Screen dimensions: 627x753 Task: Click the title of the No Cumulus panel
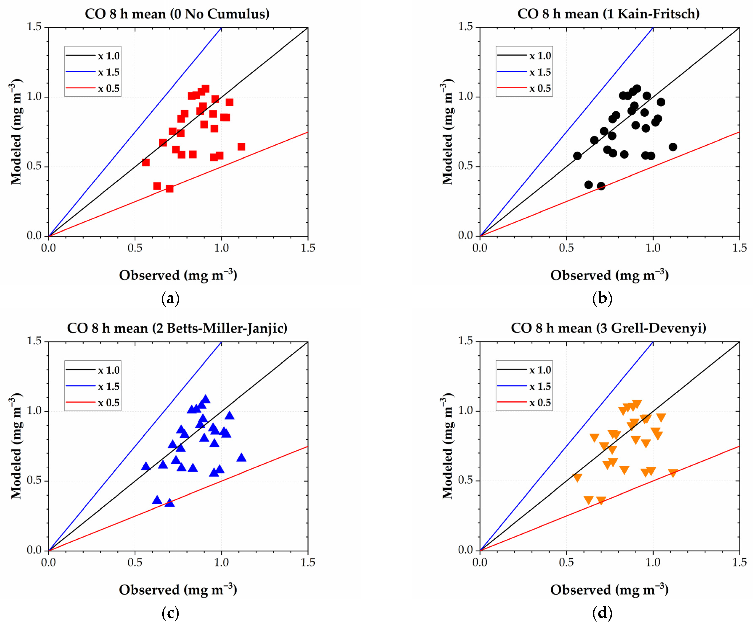pyautogui.click(x=177, y=14)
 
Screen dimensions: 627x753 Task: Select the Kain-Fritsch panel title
pyautogui.click(x=609, y=14)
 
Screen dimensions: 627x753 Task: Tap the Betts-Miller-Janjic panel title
pyautogui.click(x=177, y=328)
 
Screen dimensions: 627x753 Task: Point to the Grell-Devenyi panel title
pyautogui.click(x=609, y=328)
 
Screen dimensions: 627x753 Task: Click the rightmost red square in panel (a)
pyautogui.click(x=241, y=147)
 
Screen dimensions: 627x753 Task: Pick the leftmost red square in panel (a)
pyautogui.click(x=146, y=162)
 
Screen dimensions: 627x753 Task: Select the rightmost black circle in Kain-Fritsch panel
pyautogui.click(x=673, y=147)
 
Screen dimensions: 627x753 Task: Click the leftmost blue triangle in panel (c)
pyautogui.click(x=146, y=466)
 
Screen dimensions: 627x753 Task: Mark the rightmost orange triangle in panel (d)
pyautogui.click(x=673, y=473)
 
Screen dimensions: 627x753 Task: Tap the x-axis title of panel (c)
pyautogui.click(x=178, y=590)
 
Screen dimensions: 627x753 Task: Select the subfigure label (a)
pyautogui.click(x=170, y=299)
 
